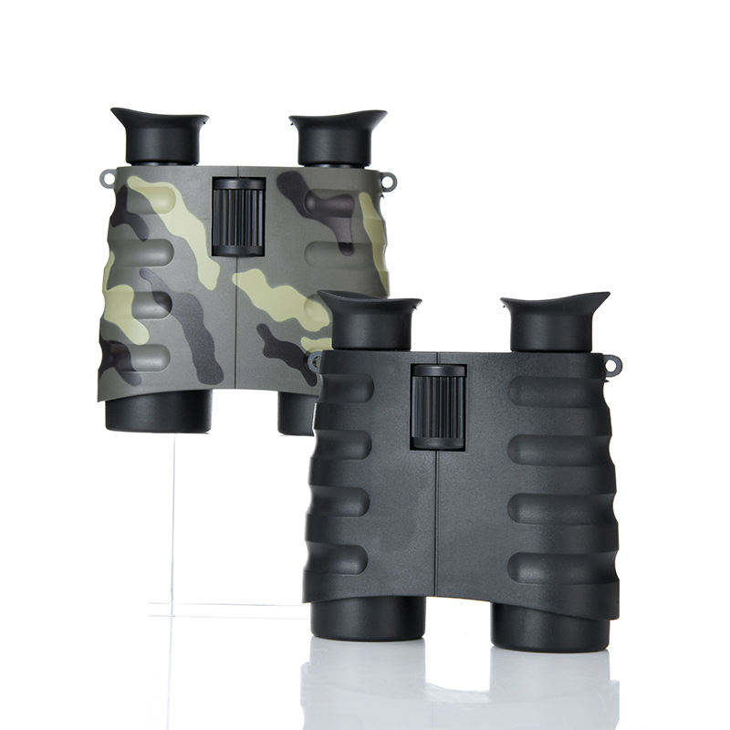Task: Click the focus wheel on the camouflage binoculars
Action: [x=239, y=216]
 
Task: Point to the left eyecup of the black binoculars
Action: [x=370, y=322]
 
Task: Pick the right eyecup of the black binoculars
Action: [x=555, y=321]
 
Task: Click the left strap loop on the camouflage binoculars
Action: [x=108, y=178]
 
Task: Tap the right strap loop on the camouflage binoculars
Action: [x=391, y=182]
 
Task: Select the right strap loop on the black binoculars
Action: [x=611, y=365]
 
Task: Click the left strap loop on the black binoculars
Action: [x=315, y=362]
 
